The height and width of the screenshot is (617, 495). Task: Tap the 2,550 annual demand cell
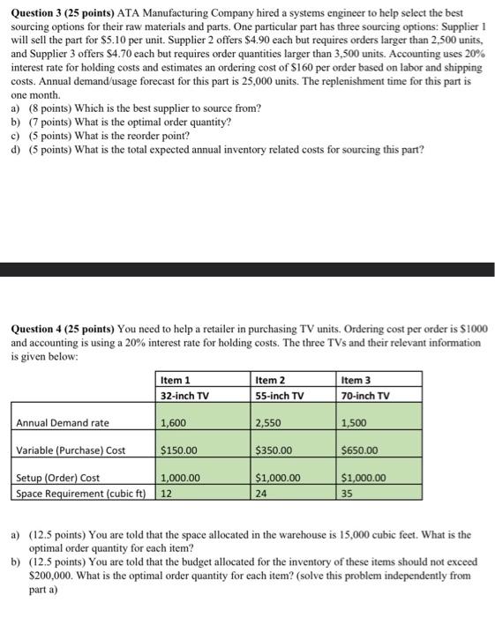point(268,423)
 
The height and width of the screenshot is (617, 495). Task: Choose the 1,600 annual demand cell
point(173,423)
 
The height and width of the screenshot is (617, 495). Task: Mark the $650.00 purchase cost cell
point(360,450)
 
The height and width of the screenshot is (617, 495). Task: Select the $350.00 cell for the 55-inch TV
point(274,450)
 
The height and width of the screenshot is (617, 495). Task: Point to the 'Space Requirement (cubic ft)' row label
point(80,493)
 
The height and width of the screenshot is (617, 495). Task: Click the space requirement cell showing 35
point(348,493)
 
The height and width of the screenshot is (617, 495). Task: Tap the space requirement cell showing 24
point(261,493)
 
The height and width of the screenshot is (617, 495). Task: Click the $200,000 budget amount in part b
point(53,574)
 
